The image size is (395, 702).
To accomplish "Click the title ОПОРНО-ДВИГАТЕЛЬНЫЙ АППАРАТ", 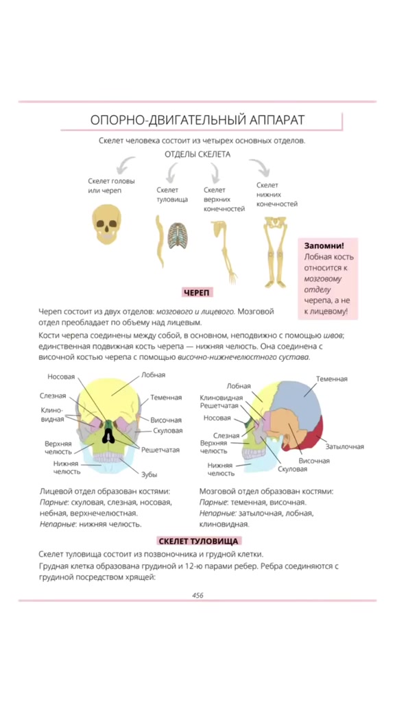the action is (x=197, y=120).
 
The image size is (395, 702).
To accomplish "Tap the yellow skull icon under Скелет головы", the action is (x=106, y=224).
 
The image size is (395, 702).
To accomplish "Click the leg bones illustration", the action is (x=276, y=252).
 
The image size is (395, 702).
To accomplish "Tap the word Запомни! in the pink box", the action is (x=324, y=246).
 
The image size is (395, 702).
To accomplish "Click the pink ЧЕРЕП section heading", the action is (x=197, y=293).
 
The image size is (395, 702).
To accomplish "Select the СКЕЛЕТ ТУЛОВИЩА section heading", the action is (x=198, y=541).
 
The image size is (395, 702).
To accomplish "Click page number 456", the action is (x=197, y=596).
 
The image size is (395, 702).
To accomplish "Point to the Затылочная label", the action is (x=344, y=446).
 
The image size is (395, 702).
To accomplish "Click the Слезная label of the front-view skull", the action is (x=53, y=396).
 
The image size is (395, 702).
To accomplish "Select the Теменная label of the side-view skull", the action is (x=331, y=378).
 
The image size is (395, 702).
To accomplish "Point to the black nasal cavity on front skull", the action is (x=108, y=434).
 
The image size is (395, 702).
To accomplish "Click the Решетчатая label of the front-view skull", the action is (x=160, y=450).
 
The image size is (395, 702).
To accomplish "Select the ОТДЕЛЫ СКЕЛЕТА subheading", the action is (x=197, y=155).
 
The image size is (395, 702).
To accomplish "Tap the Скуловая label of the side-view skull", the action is (x=292, y=469).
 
